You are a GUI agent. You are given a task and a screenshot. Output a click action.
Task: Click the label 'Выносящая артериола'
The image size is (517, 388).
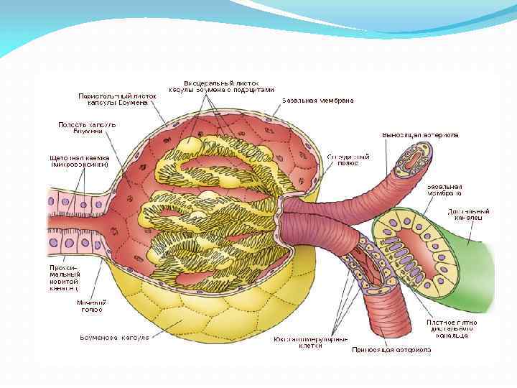pos(420,134)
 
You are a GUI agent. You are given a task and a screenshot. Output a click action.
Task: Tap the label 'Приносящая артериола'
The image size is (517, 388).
pos(391,351)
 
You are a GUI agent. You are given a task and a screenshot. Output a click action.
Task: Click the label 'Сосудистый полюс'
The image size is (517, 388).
pos(348,160)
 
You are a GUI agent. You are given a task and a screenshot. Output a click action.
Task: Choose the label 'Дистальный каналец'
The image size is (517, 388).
pos(469,215)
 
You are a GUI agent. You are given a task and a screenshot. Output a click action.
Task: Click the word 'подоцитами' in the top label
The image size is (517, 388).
pos(254,91)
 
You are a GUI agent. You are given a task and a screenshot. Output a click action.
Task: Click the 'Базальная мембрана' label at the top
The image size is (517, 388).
pos(317,101)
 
